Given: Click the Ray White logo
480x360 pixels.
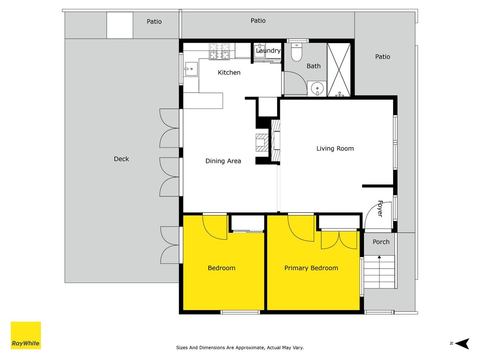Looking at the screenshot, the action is coord(26,335).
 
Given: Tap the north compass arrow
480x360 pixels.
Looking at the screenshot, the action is coord(462,343).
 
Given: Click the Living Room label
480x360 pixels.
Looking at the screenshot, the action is coord(335,148).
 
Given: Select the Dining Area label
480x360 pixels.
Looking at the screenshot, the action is coord(223,161).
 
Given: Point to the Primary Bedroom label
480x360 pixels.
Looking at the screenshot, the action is coord(311,268).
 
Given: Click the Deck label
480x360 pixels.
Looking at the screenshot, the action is coord(121,159).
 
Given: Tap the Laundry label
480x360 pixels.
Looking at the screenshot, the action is coord(268,51).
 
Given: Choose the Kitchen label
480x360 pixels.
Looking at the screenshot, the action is coord(229,72).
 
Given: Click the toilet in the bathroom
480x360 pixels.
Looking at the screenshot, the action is coord(296,52).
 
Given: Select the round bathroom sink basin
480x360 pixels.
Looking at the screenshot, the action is coord(317,89).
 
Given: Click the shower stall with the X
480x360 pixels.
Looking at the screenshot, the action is coord(339,70).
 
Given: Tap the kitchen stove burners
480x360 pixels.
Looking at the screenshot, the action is coord(219,51).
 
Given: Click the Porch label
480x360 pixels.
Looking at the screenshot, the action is coord(381,242).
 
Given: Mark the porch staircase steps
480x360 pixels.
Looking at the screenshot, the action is coord(379,271).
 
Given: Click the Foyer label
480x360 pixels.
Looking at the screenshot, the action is coord(380,209).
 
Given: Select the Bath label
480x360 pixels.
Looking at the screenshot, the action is coord(314,66).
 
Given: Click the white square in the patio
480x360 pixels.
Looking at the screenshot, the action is coord(120,25).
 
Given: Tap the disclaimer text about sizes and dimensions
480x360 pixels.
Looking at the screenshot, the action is coord(240,347).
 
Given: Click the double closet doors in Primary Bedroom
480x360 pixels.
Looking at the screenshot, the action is coord(339,240).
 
